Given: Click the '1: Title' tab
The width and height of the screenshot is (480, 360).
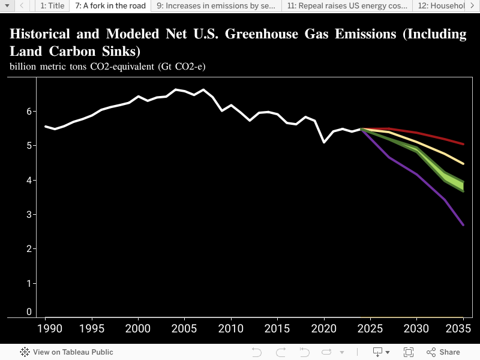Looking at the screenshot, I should coord(52,6).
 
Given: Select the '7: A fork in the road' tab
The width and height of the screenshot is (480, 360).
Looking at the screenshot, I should coord(110,6).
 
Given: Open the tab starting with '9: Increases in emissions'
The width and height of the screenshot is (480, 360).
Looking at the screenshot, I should coord(216,6).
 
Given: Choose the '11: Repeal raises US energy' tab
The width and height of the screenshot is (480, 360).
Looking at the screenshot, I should coord(347,6).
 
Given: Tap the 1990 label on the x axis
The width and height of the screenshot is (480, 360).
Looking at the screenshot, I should coord(45,329).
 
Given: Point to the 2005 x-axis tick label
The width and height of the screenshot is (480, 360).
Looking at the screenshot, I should coord(184,329).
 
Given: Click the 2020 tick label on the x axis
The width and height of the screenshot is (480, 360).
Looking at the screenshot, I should coord(324,329).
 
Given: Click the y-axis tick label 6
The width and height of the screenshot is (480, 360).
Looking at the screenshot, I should coord(29,111).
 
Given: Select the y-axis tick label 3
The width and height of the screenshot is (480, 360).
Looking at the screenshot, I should coord(29,215).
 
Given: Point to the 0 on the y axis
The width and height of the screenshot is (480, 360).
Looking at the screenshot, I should coord(29,312).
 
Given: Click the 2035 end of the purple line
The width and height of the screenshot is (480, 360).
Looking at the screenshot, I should coord(463,225).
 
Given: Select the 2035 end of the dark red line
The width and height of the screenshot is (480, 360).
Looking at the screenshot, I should coord(463,144).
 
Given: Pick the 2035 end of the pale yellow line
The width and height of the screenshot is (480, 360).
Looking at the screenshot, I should coord(463,163).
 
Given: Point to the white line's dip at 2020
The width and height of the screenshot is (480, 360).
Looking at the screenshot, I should coord(324,142).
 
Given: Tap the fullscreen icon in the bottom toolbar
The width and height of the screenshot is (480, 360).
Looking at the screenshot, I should coord(409,352).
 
